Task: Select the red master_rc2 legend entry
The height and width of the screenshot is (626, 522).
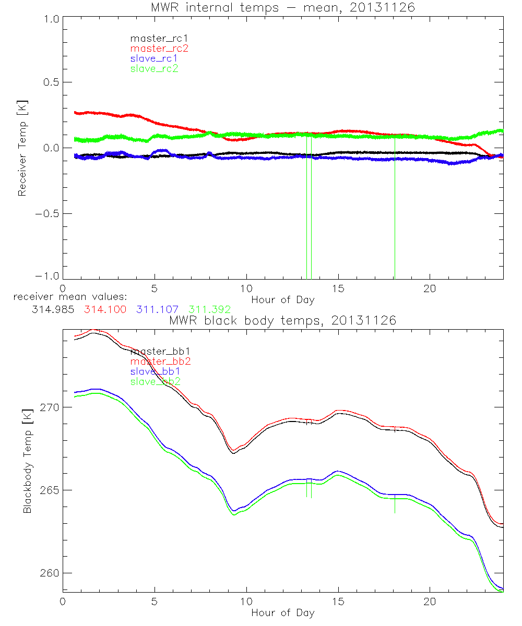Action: pyautogui.click(x=159, y=48)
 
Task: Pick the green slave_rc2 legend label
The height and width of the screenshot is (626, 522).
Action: pyautogui.click(x=154, y=68)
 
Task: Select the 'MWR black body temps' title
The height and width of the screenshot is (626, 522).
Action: pyautogui.click(x=282, y=321)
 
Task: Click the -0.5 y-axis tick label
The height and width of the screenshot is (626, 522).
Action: pyautogui.click(x=48, y=213)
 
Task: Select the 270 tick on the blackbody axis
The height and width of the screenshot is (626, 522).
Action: pyautogui.click(x=49, y=407)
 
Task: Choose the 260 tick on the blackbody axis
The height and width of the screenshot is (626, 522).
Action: pyautogui.click(x=49, y=573)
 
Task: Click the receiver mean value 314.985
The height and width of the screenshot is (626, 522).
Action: pyautogui.click(x=54, y=309)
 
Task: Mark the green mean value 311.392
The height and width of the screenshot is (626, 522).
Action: pyautogui.click(x=209, y=309)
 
